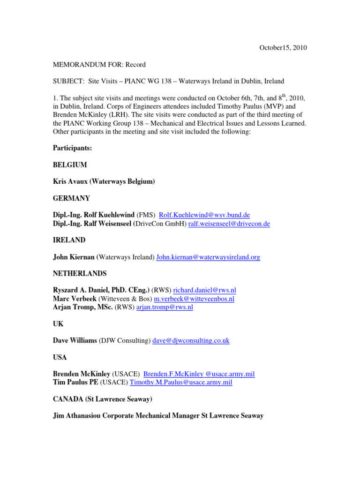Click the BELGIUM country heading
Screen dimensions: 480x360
(70, 165)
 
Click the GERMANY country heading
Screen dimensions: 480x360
(72, 198)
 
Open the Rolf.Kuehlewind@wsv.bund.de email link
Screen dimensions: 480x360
(204, 215)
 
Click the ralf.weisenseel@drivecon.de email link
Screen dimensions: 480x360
(229, 224)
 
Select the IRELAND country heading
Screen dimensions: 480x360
(69, 240)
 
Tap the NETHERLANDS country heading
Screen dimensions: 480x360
(80, 273)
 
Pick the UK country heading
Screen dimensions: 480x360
(58, 324)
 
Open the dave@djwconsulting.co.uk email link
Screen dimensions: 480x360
(191, 341)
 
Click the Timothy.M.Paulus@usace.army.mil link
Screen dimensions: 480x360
(181, 382)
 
